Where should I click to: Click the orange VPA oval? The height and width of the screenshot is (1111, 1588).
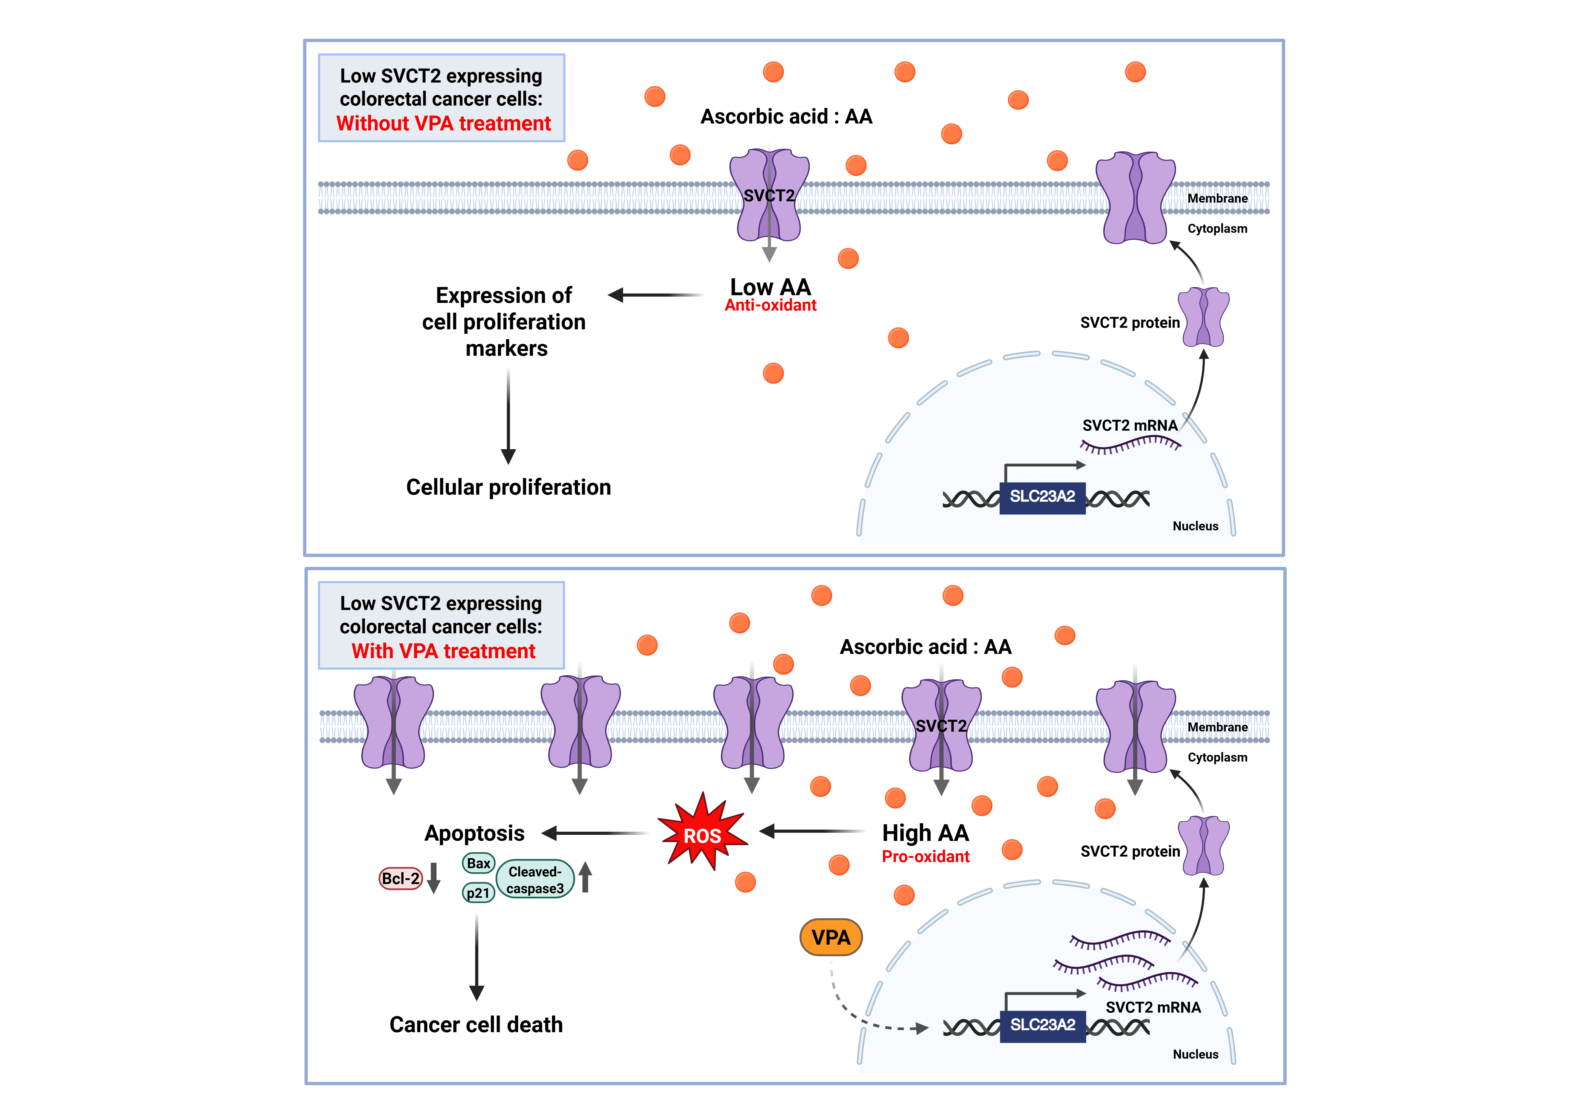[x=831, y=937]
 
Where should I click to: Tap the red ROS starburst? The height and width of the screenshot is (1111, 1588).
[x=702, y=835]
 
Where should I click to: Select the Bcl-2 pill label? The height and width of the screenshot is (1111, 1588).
[x=400, y=879]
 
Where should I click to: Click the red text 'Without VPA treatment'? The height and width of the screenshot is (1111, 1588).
[x=443, y=124]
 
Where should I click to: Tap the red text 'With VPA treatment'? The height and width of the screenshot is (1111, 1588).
[x=443, y=651]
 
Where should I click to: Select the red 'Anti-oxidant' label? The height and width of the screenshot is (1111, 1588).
[x=770, y=306]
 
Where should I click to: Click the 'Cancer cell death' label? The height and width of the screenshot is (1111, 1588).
[x=476, y=1025]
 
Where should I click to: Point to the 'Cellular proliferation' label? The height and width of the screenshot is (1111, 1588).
[x=508, y=488]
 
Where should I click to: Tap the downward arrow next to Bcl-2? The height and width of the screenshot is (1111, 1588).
[x=434, y=878]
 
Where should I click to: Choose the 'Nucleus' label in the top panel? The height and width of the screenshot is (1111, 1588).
[x=1195, y=526]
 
